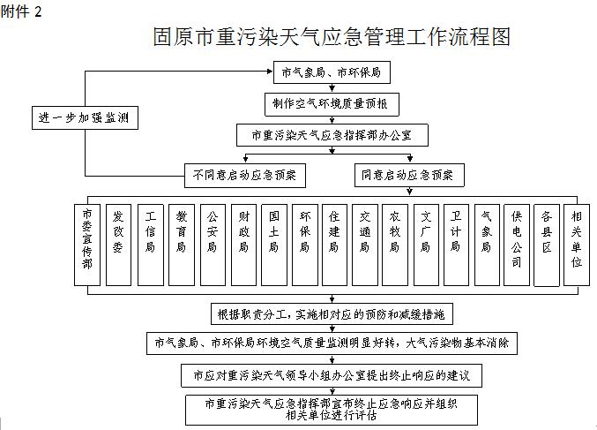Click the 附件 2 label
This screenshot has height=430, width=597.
tap(21, 11)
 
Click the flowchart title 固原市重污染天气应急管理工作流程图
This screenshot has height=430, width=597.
tap(332, 37)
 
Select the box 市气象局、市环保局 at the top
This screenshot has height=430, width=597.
tap(332, 72)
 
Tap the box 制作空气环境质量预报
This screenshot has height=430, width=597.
tap(332, 104)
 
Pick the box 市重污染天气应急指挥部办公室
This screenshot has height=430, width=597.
tap(332, 135)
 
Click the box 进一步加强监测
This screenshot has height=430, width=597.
tap(85, 117)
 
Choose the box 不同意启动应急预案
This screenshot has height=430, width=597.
tap(245, 176)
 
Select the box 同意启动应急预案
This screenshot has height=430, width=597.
tap(409, 175)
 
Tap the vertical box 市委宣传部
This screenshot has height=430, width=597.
tap(87, 245)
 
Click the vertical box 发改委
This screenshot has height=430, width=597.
tap(118, 245)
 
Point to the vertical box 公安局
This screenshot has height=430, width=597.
tap(213, 245)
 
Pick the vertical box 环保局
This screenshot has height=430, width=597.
tap(305, 245)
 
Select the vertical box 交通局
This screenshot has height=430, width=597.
tap(365, 245)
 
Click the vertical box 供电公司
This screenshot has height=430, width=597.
tap(516, 245)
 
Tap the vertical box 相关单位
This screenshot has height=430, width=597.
tap(577, 245)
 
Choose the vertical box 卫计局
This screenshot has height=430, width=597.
tap(456, 245)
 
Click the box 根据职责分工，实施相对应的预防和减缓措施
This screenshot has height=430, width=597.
tap(332, 314)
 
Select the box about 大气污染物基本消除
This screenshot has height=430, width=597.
tap(332, 343)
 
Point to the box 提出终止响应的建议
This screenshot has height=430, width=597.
tap(332, 376)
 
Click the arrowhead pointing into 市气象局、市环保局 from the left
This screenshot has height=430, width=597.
tap(271, 72)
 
